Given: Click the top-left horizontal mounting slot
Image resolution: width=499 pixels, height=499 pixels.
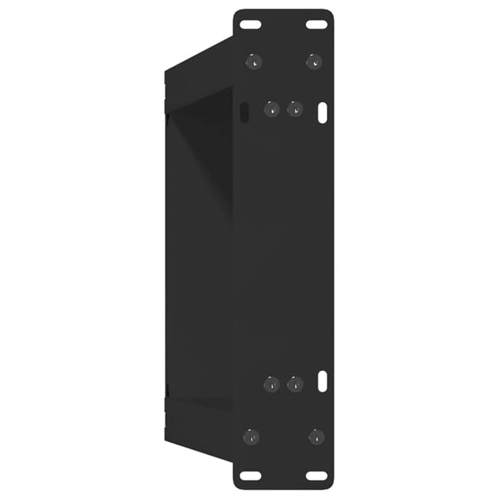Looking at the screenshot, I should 249,24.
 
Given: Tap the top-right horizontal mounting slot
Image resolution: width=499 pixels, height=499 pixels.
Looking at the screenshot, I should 316,24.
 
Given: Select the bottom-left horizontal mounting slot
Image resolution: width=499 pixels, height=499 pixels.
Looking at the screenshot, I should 250,476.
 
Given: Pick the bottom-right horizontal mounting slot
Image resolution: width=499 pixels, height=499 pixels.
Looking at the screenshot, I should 316,476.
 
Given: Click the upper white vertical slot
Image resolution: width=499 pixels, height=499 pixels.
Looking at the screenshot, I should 323,112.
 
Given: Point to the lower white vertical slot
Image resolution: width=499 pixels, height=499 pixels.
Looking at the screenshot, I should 323,382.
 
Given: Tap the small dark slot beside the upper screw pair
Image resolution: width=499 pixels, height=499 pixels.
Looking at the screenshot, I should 244,111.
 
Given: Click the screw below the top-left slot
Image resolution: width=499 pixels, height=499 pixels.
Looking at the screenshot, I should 253,61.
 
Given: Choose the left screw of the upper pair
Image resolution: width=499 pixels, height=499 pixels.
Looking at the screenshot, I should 271,109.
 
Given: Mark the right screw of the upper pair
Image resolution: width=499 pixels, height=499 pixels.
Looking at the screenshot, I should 294,109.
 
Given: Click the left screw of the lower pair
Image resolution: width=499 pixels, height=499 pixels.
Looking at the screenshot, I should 271,383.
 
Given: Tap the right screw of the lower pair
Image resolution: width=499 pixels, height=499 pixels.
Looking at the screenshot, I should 294,383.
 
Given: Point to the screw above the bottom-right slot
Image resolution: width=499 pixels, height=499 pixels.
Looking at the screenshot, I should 315,436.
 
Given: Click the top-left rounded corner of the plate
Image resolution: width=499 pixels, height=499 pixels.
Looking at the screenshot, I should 237,13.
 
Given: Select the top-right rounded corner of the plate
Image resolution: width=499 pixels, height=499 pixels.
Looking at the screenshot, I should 329,13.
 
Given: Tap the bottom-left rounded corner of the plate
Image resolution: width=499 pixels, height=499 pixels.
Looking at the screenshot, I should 238,486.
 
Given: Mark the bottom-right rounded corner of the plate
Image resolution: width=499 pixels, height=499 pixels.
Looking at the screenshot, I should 329,486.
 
